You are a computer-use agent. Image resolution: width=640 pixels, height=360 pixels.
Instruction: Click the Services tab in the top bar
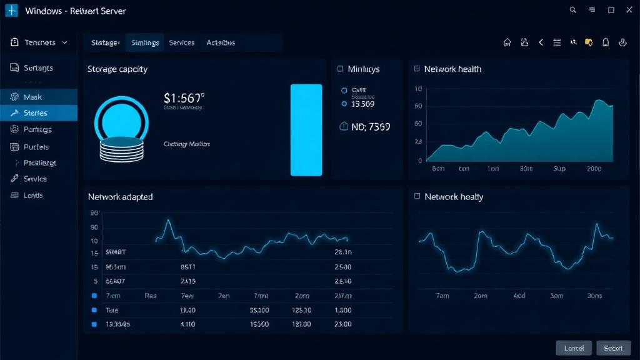click(182, 42)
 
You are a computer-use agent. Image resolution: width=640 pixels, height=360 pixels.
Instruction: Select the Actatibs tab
click(221, 42)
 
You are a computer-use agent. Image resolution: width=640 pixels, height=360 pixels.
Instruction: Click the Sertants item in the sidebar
click(38, 68)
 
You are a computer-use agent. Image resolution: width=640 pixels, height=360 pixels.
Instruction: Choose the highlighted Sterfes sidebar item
click(36, 113)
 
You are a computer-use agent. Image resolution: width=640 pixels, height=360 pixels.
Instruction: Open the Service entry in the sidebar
click(35, 179)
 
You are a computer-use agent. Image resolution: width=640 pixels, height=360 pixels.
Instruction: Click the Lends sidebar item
click(33, 195)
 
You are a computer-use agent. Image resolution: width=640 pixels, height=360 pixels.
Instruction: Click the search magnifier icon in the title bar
click(573, 10)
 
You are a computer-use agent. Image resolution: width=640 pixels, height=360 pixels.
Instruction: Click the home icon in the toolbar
click(507, 42)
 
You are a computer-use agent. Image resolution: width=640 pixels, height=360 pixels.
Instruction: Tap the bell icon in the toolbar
click(606, 42)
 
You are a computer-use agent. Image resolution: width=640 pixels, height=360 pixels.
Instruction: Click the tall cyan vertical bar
click(306, 130)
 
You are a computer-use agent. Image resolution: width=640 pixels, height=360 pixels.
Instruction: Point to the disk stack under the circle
click(122, 149)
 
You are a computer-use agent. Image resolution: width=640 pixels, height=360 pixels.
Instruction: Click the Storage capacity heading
click(117, 69)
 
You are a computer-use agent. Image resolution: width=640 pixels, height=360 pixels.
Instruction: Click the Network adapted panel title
click(120, 197)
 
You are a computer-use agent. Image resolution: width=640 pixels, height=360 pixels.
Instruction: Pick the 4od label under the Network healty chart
click(519, 296)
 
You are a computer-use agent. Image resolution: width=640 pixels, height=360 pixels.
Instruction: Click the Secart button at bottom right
click(613, 348)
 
